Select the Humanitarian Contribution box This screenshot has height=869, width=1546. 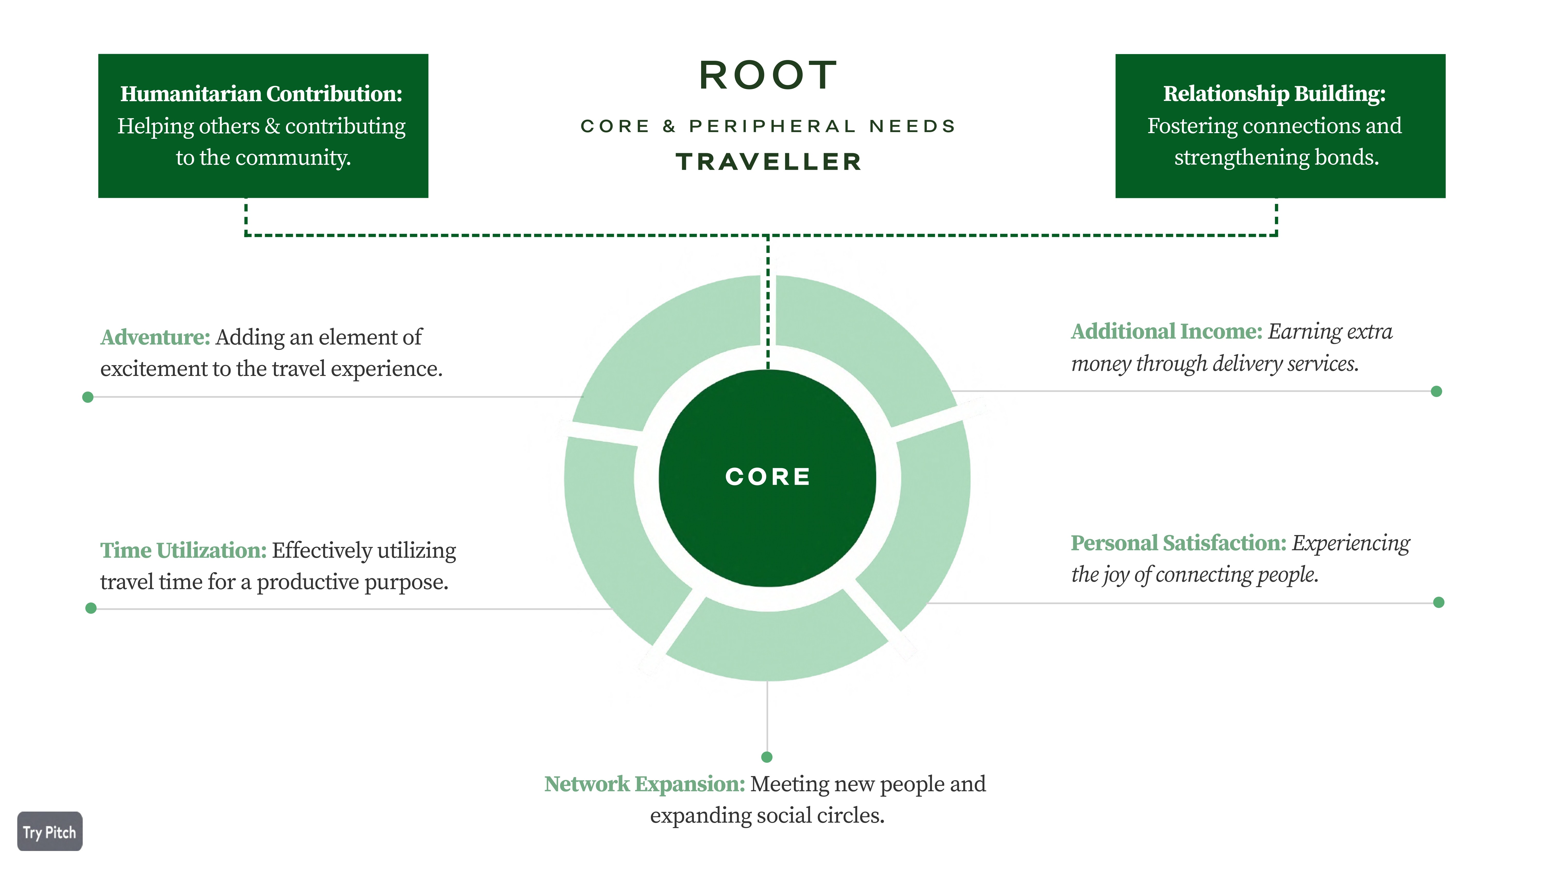point(263,126)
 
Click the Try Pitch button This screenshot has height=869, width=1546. point(50,832)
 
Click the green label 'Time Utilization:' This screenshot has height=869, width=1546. point(183,550)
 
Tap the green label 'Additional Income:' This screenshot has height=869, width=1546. point(1166,332)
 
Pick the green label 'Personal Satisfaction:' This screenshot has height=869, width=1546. point(1178,543)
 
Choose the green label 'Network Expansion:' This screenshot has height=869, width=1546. point(644,785)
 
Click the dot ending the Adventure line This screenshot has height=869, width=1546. point(88,397)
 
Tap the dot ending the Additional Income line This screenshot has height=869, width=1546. point(1436,392)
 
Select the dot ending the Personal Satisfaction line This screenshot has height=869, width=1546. point(1439,602)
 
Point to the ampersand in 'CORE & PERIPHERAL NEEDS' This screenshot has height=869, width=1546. point(669,126)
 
